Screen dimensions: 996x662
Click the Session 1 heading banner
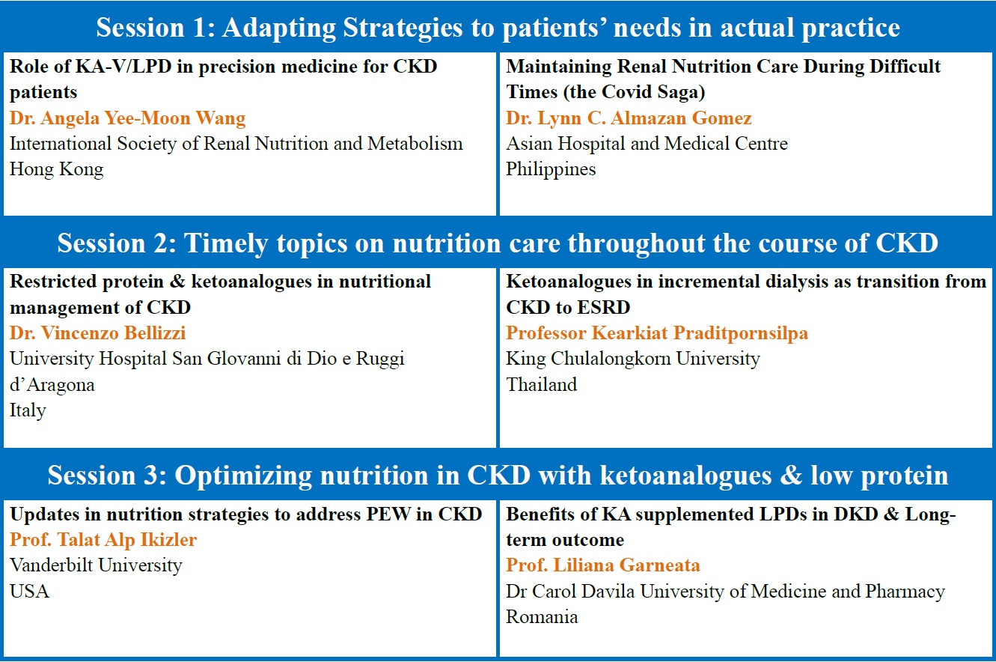tap(498, 28)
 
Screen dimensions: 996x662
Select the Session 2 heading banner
tap(498, 243)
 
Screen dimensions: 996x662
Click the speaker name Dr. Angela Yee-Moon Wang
tap(128, 118)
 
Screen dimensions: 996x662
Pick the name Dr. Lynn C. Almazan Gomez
tap(629, 118)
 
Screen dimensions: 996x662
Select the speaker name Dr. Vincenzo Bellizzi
tap(98, 333)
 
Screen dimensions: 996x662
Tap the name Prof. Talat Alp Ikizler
tap(103, 540)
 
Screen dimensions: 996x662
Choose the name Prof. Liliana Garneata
tap(603, 565)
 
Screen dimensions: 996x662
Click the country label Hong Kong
tap(56, 169)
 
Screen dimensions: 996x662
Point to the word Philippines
tap(551, 169)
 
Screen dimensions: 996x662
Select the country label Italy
tap(28, 410)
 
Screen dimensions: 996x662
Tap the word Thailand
tap(542, 385)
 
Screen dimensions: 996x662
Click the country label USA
tap(29, 592)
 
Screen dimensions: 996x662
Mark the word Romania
tap(542, 617)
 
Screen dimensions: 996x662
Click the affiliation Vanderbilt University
tap(96, 565)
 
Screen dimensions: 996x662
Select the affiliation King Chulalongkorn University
tap(633, 359)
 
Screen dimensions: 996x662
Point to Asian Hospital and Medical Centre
tap(647, 144)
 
